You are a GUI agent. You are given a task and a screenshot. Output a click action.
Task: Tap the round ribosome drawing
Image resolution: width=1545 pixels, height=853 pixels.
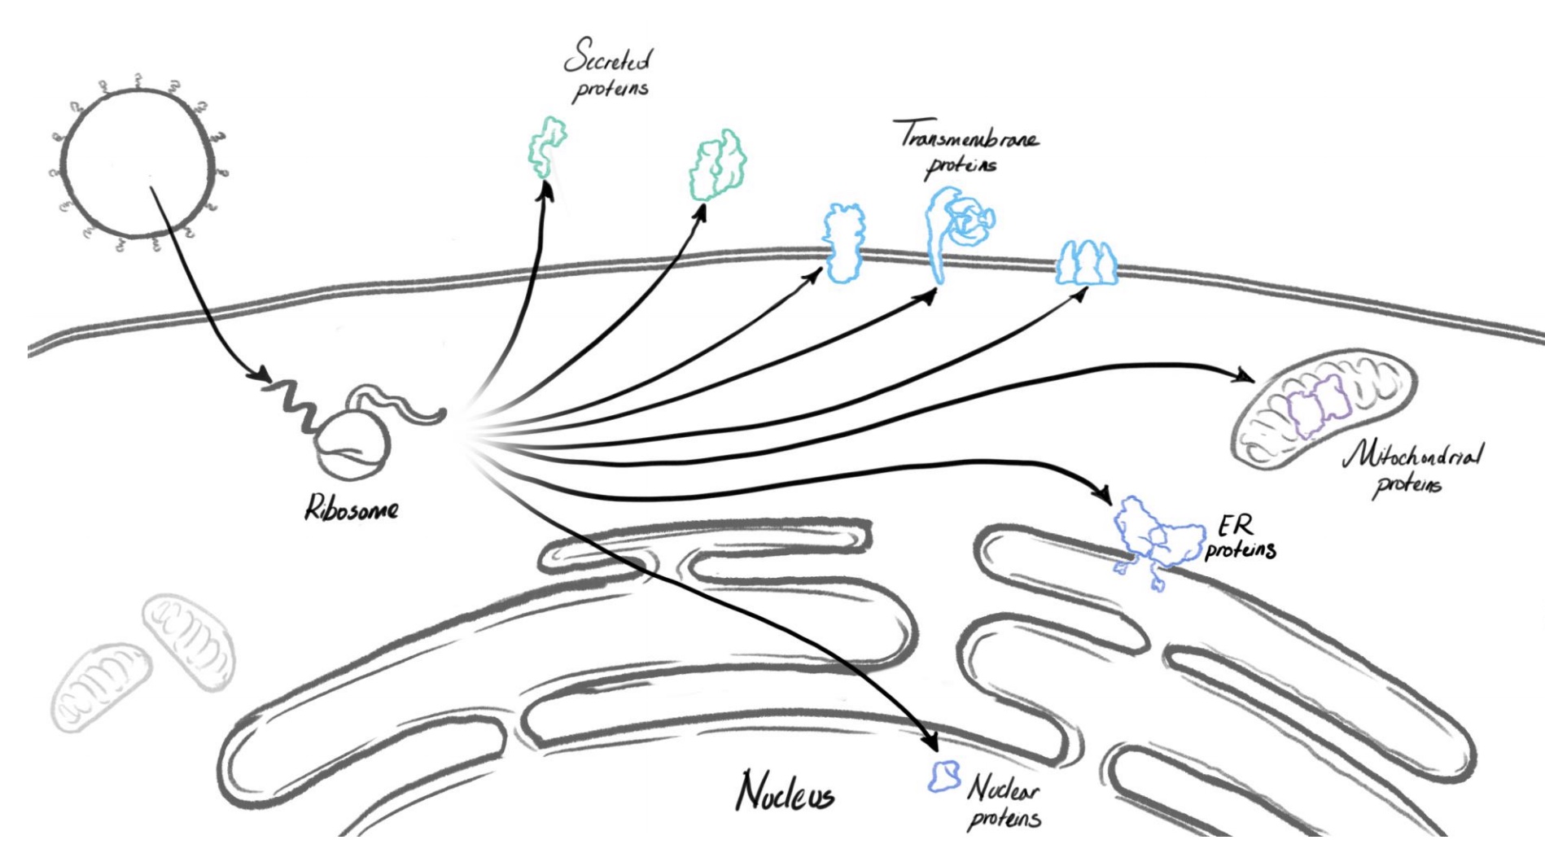[352, 448]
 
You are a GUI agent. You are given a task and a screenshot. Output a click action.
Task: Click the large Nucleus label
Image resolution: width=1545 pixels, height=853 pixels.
[785, 790]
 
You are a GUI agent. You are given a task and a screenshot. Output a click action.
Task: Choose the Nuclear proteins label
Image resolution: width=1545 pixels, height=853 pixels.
[1003, 802]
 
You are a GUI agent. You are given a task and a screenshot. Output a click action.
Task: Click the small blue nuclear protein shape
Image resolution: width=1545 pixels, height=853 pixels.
[945, 776]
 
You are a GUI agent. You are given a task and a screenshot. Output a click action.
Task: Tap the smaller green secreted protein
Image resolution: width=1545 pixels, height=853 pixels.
[545, 147]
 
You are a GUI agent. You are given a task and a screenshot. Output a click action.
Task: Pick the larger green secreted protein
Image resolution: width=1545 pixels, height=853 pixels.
[717, 165]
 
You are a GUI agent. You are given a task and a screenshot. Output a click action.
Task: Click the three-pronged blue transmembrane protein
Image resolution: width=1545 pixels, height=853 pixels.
[1086, 263]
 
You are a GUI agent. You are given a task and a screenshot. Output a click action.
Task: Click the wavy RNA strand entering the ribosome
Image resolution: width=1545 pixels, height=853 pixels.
[289, 403]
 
